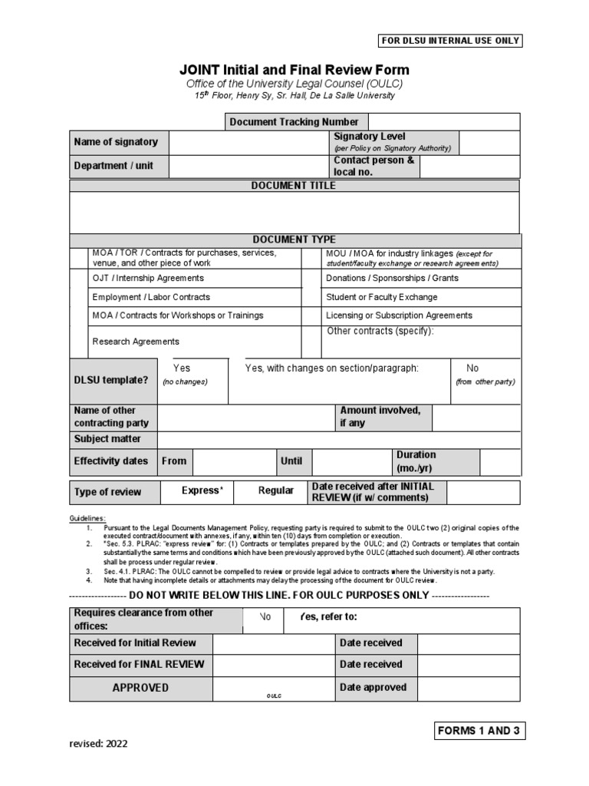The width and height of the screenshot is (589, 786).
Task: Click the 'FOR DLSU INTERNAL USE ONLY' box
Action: [451, 41]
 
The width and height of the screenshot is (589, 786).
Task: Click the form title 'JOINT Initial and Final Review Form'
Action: [294, 70]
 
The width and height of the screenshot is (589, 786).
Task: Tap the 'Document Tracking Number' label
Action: [294, 122]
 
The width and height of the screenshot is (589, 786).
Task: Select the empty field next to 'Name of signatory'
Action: [248, 142]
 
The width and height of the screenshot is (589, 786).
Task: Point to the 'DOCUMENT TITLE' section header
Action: [294, 185]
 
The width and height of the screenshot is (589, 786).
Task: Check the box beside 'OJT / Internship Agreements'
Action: [79, 278]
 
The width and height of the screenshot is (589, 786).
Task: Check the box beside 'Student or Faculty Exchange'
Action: [310, 297]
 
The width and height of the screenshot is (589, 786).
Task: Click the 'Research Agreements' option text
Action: [136, 342]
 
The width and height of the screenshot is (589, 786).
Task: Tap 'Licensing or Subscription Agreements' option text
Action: [399, 315]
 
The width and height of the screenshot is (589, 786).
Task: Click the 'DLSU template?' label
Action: [110, 380]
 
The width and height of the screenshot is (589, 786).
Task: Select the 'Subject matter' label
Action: [107, 439]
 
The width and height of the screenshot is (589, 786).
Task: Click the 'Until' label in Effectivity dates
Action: [291, 461]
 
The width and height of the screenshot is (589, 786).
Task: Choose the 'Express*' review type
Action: [202, 490]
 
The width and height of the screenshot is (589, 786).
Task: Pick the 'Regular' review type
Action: [276, 490]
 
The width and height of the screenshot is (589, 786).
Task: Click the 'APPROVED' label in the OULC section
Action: [140, 688]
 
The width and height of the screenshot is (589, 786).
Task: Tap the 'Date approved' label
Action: [373, 688]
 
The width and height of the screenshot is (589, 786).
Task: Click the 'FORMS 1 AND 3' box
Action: [479, 730]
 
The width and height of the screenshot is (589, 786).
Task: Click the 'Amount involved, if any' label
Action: [380, 417]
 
